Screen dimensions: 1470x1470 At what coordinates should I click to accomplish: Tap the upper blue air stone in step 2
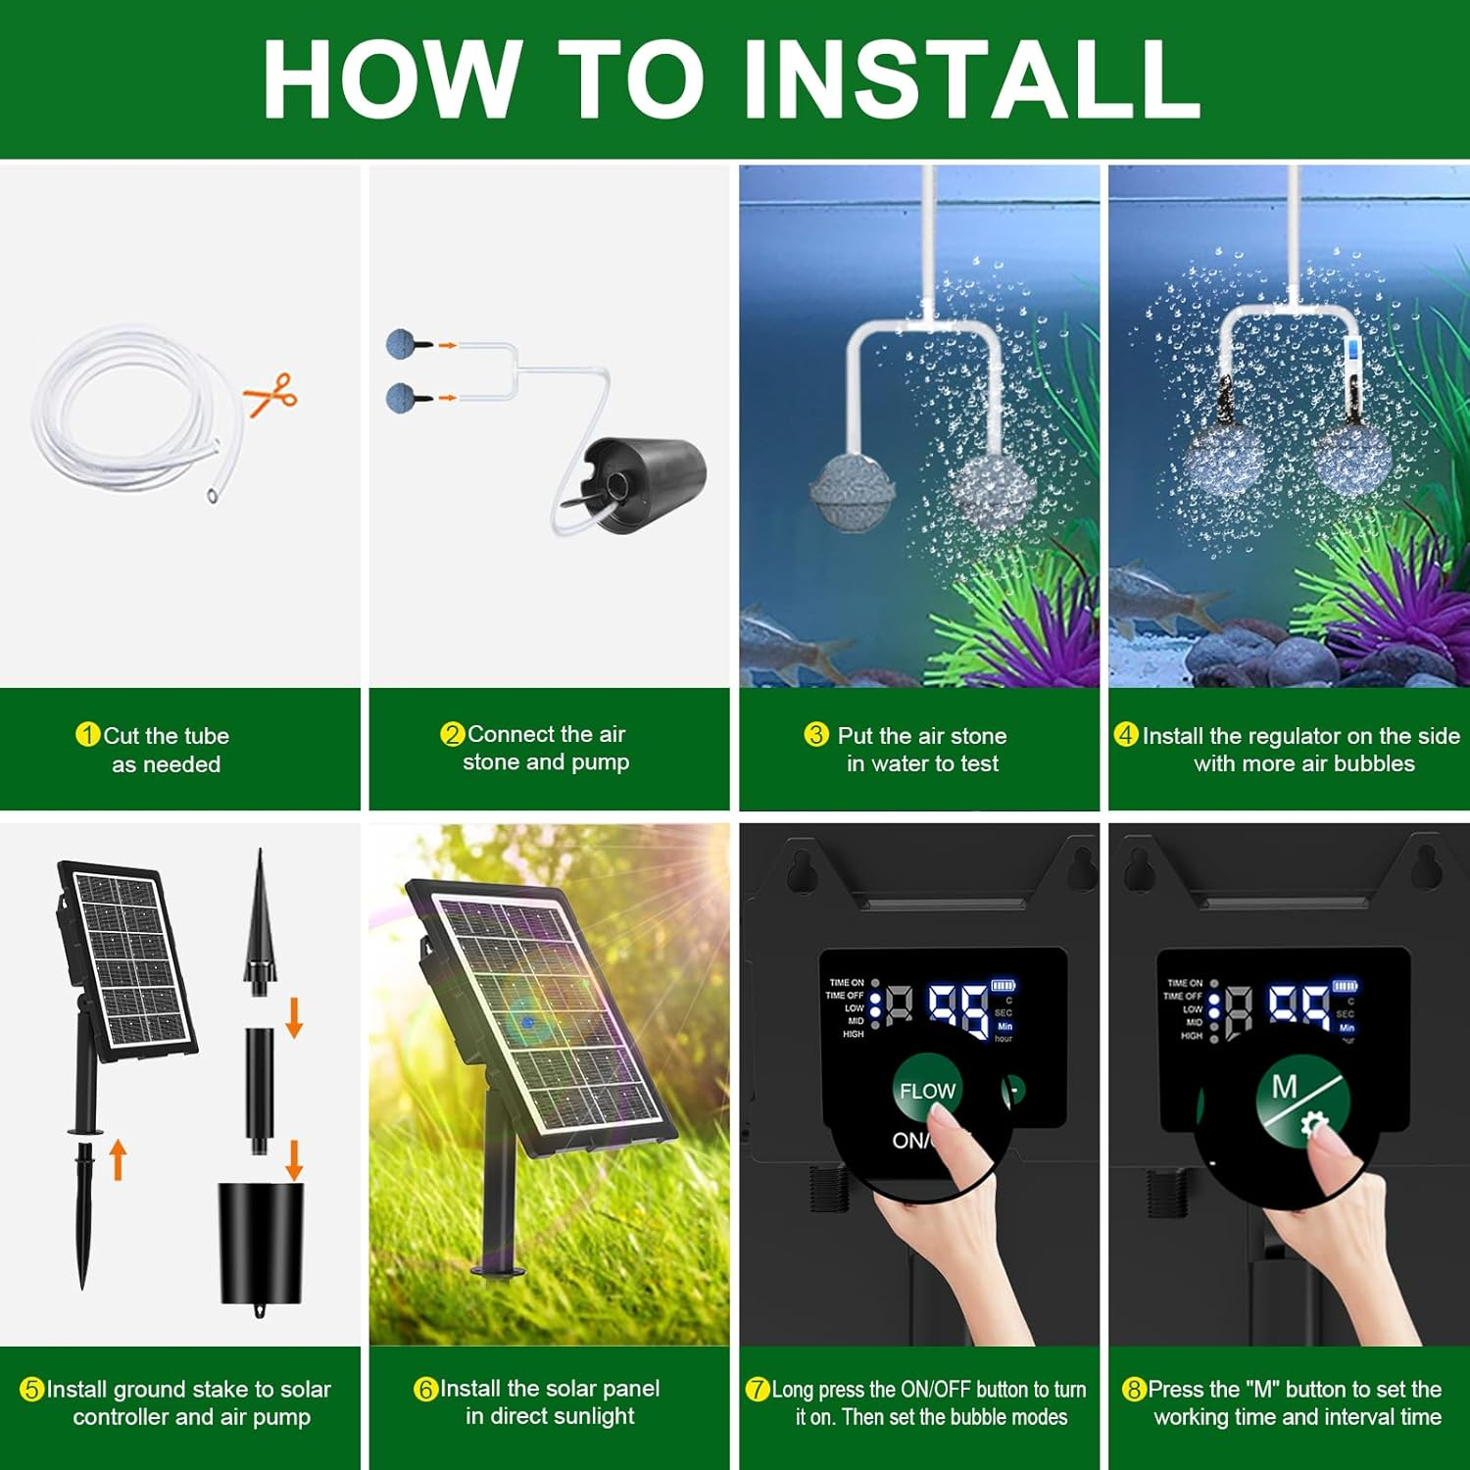click(402, 344)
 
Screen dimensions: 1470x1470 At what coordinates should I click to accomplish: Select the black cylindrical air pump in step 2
click(644, 485)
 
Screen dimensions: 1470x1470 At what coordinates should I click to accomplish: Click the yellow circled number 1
click(88, 734)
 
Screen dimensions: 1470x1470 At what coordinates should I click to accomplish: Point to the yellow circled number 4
click(1126, 734)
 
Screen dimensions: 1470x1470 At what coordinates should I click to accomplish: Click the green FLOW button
click(926, 1091)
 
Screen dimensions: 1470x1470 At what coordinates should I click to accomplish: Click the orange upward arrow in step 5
click(119, 1158)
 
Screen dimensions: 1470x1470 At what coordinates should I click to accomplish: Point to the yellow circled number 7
click(757, 1389)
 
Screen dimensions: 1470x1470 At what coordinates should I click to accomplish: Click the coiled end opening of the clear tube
click(213, 496)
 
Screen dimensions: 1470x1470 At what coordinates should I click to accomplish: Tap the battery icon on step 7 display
click(1004, 986)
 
